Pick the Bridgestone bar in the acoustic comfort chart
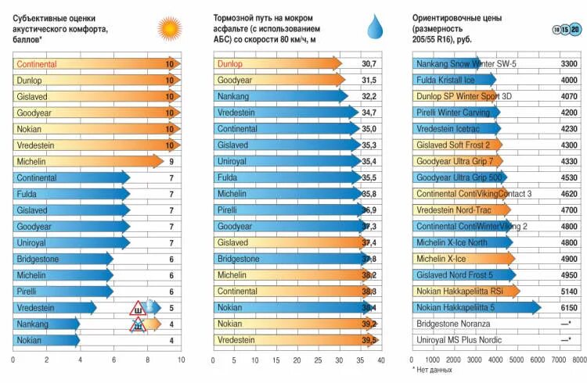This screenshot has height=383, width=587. pyautogui.click(x=63, y=260)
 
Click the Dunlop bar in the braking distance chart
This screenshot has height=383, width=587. pyautogui.click(x=278, y=63)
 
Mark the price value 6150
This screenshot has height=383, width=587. pyautogui.click(x=570, y=308)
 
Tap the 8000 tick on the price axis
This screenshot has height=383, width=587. pyautogui.click(x=578, y=360)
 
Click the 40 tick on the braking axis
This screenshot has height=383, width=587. pyautogui.click(x=381, y=360)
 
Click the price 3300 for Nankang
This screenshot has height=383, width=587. pyautogui.click(x=570, y=63)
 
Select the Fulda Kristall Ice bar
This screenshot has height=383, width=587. pyautogui.click(x=454, y=80)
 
